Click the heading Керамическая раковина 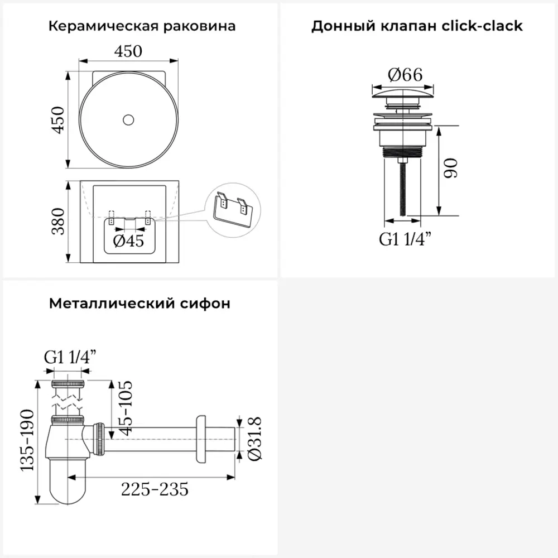tap(142, 26)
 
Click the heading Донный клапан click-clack tap(417, 26)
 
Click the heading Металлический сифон tap(139, 304)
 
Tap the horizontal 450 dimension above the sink tap(128, 51)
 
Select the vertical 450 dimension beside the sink tap(58, 119)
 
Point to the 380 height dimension tap(58, 222)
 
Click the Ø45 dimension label tap(128, 241)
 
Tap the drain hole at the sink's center tap(128, 120)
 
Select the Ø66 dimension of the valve tap(405, 75)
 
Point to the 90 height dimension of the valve tap(450, 169)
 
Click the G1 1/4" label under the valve tap(405, 239)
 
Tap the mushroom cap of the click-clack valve tap(403, 94)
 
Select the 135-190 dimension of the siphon tap(27, 441)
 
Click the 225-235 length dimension tap(155, 489)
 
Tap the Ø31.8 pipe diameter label tap(255, 439)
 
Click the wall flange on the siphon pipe tap(201, 440)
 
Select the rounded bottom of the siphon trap tap(68, 482)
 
